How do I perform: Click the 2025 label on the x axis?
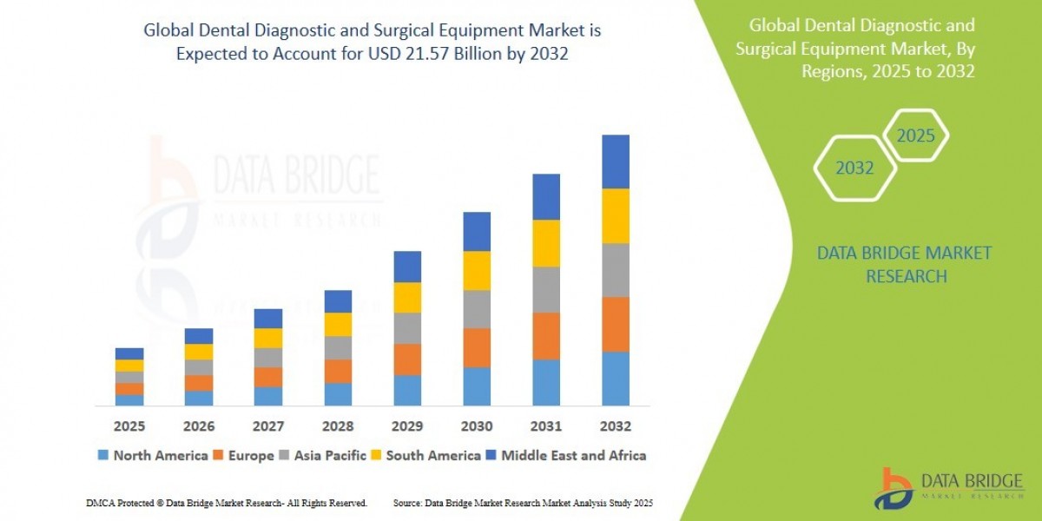click(129, 426)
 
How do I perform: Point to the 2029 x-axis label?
click(407, 426)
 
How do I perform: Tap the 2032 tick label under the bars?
click(615, 426)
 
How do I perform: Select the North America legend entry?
click(153, 455)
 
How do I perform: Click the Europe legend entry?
click(245, 455)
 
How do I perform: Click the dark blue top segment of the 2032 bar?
click(616, 162)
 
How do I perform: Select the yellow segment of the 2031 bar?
click(546, 243)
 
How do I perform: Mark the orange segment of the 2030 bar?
click(477, 347)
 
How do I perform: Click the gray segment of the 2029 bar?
click(407, 328)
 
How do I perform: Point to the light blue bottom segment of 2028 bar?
click(338, 394)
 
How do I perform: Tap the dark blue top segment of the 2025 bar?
click(129, 353)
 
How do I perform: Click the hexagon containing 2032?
click(854, 168)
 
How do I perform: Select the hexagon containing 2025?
click(915, 135)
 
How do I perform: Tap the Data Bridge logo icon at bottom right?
click(894, 488)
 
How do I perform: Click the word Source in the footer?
click(408, 503)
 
